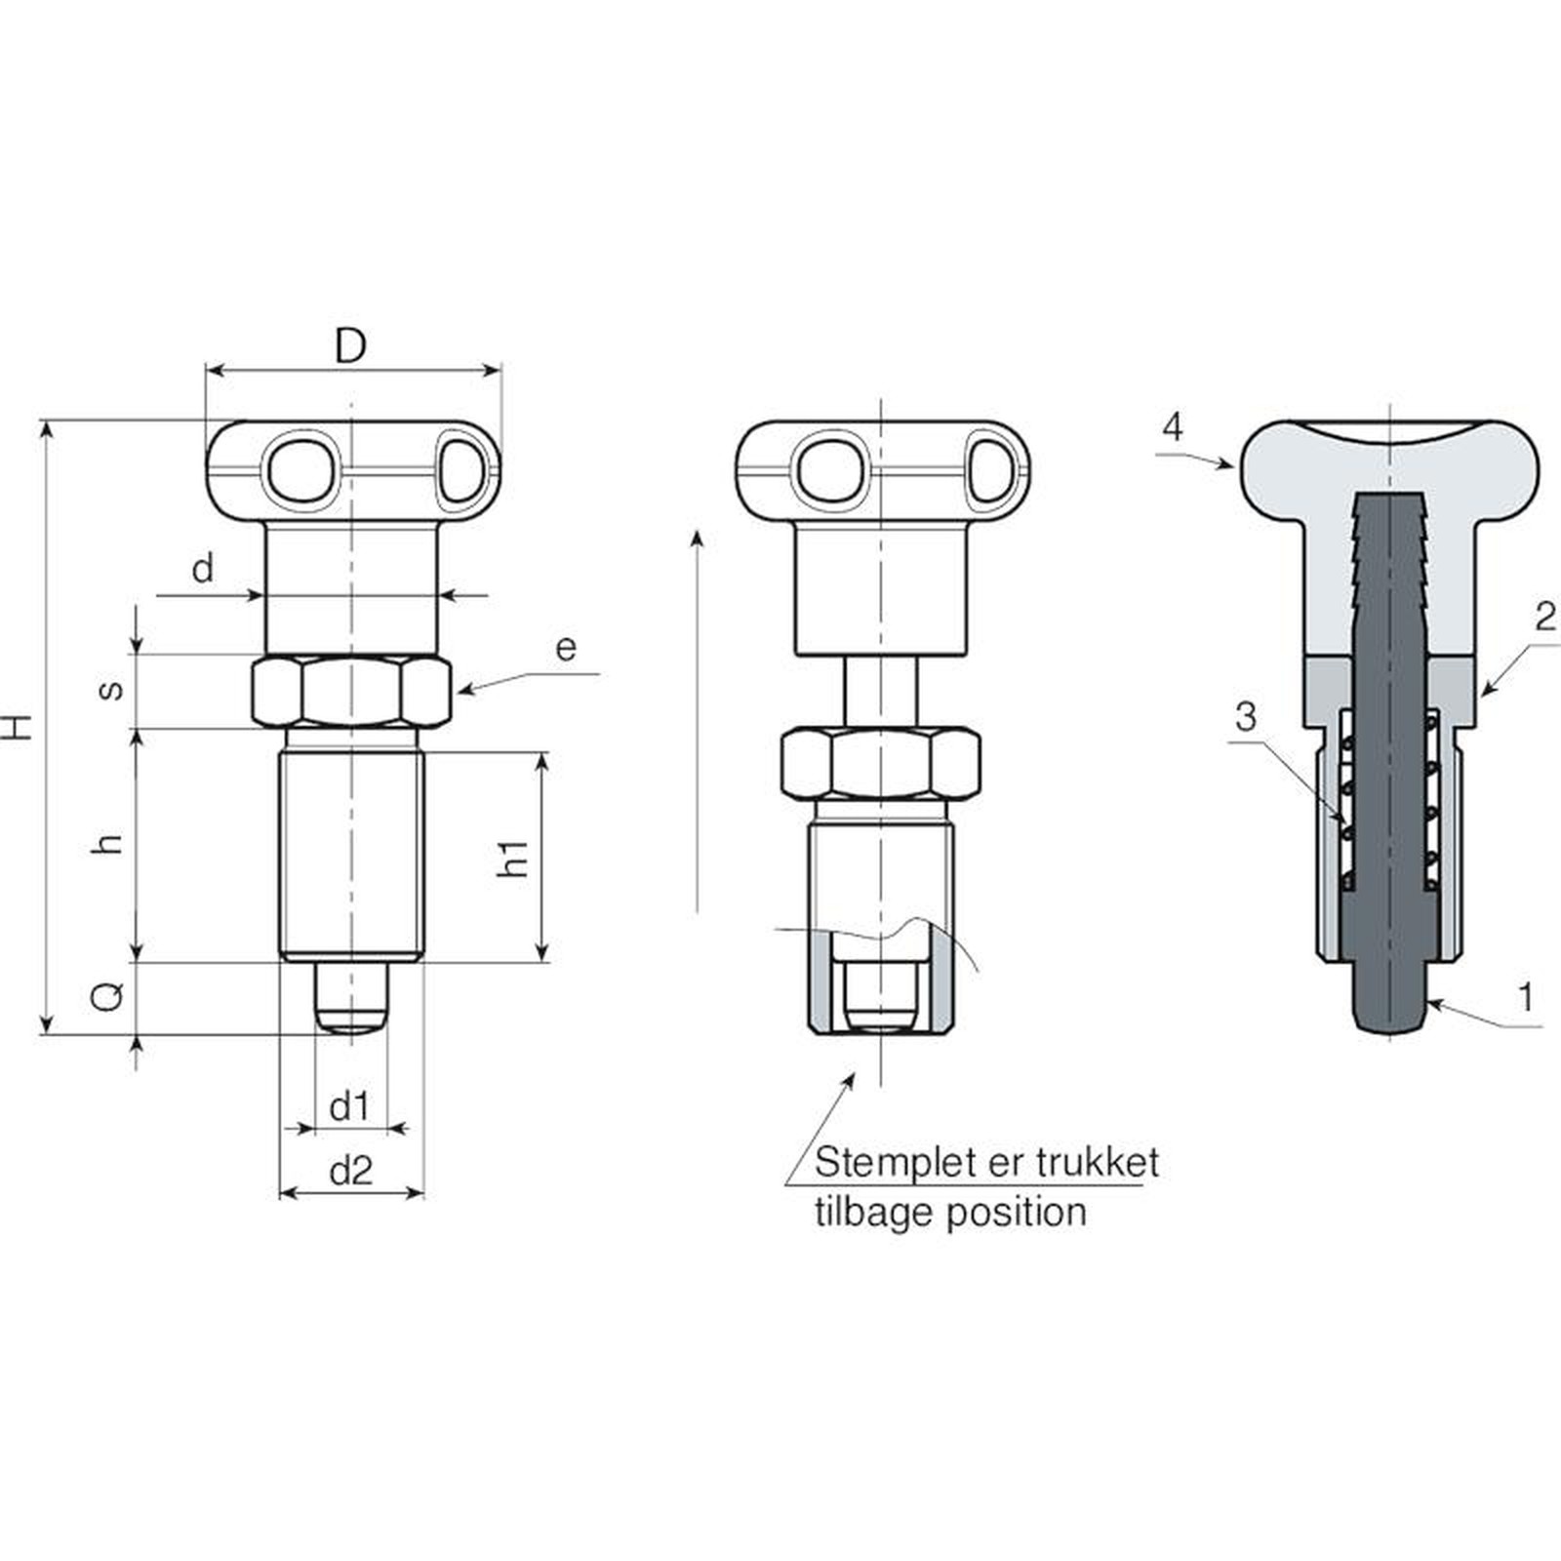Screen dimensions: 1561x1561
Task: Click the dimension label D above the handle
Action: (x=350, y=345)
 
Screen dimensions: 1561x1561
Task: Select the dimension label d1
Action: (x=349, y=1107)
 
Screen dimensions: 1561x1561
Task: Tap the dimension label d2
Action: (x=351, y=1170)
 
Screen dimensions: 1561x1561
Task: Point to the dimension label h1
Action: (x=513, y=858)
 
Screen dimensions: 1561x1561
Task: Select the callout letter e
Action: (x=566, y=648)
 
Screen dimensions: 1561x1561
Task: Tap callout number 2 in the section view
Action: (x=1544, y=617)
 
